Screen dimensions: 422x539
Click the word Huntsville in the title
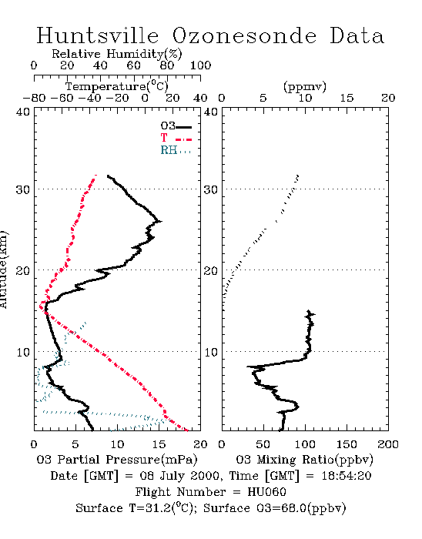pos(98,35)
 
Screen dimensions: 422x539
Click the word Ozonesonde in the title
pos(244,35)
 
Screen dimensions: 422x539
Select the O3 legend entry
pos(176,126)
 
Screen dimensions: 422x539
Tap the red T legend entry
pos(176,138)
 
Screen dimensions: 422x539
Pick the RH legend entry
pos(176,150)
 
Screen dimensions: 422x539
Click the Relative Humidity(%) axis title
pos(117,54)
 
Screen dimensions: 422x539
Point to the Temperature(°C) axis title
pos(117,86)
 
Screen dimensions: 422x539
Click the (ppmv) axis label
pos(305,86)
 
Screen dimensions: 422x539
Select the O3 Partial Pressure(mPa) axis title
pos(117,459)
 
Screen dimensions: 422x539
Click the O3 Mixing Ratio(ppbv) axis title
pos(304,459)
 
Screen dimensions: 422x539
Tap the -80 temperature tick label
pos(34,98)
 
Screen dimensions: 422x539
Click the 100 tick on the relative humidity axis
pos(200,65)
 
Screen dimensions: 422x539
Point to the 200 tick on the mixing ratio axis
pos(388,444)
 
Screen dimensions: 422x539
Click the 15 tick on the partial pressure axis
pos(159,444)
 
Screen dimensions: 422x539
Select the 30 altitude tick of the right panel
pos(211,189)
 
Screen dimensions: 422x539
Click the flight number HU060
pos(266,492)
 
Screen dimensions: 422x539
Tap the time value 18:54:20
pos(347,476)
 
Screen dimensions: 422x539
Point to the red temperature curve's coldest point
pos(40,306)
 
